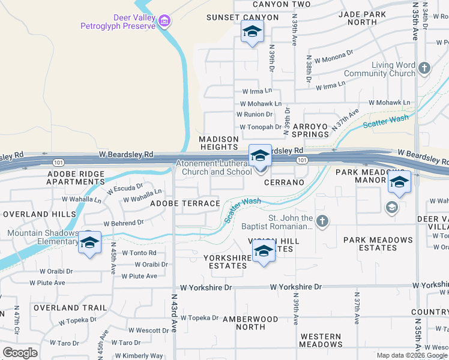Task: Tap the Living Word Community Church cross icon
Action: click(424, 68)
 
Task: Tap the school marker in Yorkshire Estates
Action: click(264, 251)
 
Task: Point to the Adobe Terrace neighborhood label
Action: click(185, 203)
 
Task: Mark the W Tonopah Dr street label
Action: click(261, 127)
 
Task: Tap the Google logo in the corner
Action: click(20, 353)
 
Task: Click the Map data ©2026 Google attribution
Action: click(412, 355)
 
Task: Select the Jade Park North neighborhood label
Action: click(366, 18)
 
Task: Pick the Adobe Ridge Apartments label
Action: click(76, 178)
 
